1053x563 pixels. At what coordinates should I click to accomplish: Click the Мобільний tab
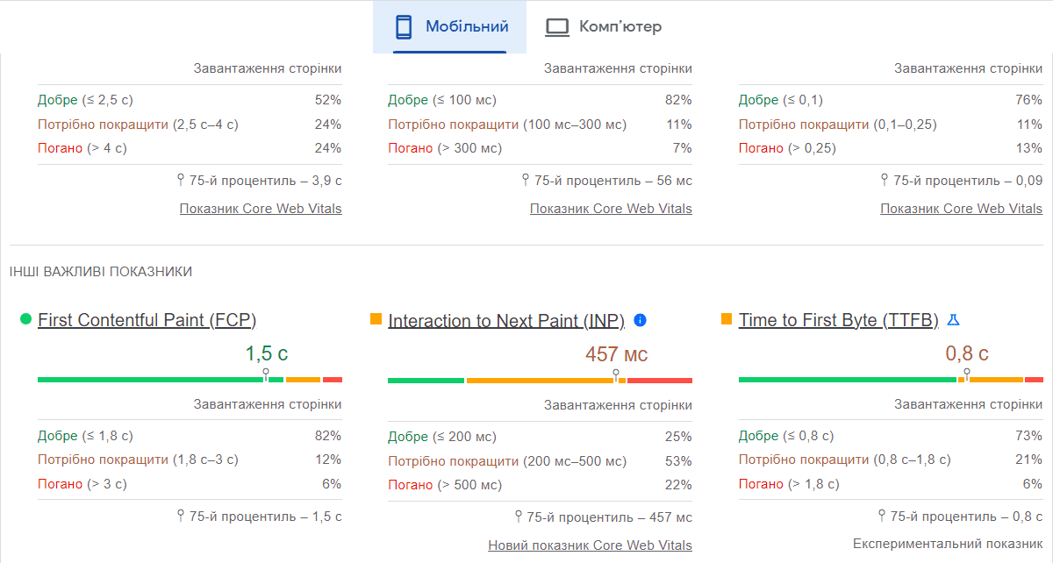pyautogui.click(x=450, y=27)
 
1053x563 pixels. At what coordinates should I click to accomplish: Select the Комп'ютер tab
pyautogui.click(x=604, y=27)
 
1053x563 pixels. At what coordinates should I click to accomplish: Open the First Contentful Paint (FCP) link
pyautogui.click(x=147, y=320)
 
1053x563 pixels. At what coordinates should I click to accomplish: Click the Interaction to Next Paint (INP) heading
pyautogui.click(x=505, y=321)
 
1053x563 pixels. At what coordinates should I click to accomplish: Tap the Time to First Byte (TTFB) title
pyautogui.click(x=838, y=320)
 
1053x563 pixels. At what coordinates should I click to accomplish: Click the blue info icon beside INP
pyautogui.click(x=640, y=320)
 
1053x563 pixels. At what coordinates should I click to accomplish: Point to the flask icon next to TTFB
pyautogui.click(x=954, y=320)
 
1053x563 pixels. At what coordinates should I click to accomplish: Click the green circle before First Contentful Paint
pyautogui.click(x=25, y=319)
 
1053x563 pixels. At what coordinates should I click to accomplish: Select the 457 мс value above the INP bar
pyautogui.click(x=616, y=354)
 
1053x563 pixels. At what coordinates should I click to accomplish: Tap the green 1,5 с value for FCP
pyautogui.click(x=266, y=354)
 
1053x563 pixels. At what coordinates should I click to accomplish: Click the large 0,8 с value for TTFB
pyautogui.click(x=966, y=354)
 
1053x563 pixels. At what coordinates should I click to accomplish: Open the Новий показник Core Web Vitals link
pyautogui.click(x=590, y=545)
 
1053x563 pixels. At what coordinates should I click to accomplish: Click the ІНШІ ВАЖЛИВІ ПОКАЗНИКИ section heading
pyautogui.click(x=101, y=272)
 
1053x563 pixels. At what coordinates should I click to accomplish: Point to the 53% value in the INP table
pyautogui.click(x=678, y=461)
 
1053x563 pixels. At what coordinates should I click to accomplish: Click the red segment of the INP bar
pyautogui.click(x=659, y=381)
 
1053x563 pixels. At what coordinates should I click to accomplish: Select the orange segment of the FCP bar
pyautogui.click(x=303, y=380)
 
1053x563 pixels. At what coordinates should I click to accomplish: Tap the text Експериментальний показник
pyautogui.click(x=947, y=544)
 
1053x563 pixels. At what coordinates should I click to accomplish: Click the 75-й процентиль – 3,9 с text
pyautogui.click(x=265, y=181)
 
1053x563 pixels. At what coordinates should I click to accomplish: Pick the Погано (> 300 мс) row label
pyautogui.click(x=445, y=148)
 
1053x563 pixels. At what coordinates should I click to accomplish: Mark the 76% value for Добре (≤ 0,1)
pyautogui.click(x=1028, y=100)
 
